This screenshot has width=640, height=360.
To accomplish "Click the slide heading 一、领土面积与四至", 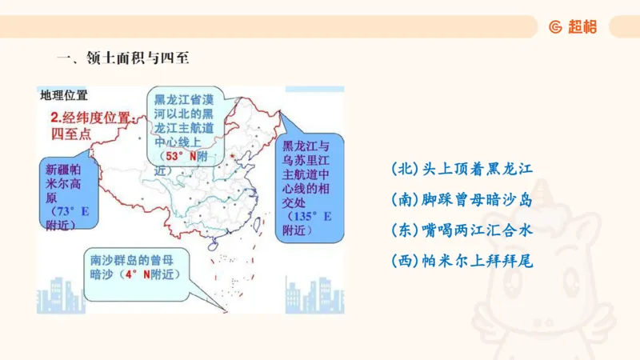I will (122, 58).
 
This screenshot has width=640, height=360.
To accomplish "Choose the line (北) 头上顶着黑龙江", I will (462, 169).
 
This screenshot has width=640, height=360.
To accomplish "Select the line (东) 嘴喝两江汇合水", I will (462, 230).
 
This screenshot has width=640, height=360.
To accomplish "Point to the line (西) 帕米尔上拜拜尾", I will (462, 261).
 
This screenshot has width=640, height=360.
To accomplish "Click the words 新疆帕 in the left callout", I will (62, 170).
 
